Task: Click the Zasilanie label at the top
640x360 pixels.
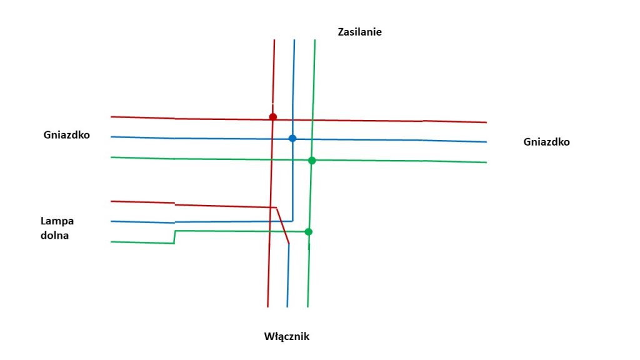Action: (359, 31)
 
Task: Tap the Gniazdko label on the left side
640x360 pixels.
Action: (67, 134)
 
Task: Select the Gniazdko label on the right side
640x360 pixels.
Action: (546, 142)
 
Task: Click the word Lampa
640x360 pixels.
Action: (57, 221)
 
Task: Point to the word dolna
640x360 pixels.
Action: (55, 236)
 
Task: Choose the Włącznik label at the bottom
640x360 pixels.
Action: (287, 336)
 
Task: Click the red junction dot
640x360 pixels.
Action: (272, 117)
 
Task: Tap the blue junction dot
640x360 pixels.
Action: (292, 138)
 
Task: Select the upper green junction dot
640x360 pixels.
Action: (312, 161)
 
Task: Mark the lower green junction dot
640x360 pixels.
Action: (308, 232)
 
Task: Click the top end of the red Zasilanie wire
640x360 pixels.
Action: (274, 41)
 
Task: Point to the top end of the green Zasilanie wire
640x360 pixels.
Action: (314, 41)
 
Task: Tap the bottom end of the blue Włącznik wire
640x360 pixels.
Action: (287, 306)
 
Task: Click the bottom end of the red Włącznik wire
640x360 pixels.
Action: (267, 306)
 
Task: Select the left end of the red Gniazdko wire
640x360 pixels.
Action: (112, 117)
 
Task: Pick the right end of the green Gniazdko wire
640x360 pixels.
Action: (486, 162)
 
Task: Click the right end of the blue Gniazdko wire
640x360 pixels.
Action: (486, 142)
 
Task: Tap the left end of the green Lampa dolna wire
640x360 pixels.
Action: (112, 242)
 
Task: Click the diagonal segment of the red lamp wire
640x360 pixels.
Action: (282, 225)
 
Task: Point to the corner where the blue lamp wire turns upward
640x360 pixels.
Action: (292, 221)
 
